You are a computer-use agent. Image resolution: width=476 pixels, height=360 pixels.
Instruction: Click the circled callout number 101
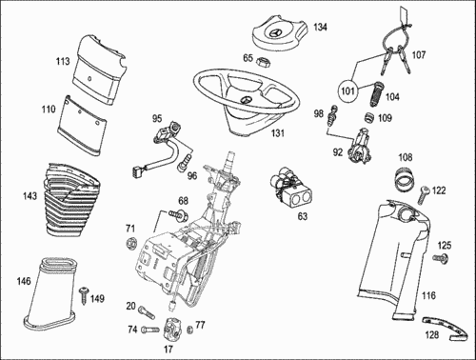point(348,91)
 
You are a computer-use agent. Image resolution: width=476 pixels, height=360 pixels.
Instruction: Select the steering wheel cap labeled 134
point(281,34)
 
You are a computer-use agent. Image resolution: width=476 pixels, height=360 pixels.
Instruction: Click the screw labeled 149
point(84,295)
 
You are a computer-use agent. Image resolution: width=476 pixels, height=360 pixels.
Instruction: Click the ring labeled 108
point(404,178)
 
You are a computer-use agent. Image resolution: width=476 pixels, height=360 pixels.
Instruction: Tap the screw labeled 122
point(423,194)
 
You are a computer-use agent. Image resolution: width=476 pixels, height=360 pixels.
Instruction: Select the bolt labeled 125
point(442,258)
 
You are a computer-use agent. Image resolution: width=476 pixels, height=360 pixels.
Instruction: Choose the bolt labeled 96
point(185,163)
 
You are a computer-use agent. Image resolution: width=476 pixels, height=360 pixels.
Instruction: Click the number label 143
point(30,196)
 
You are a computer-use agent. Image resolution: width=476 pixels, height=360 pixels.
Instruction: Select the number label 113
point(63,61)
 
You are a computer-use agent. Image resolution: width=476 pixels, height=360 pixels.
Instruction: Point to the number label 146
point(24,281)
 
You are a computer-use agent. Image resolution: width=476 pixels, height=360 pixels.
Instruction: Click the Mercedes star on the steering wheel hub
point(245,100)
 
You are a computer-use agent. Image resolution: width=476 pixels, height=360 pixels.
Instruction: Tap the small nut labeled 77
point(190,330)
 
